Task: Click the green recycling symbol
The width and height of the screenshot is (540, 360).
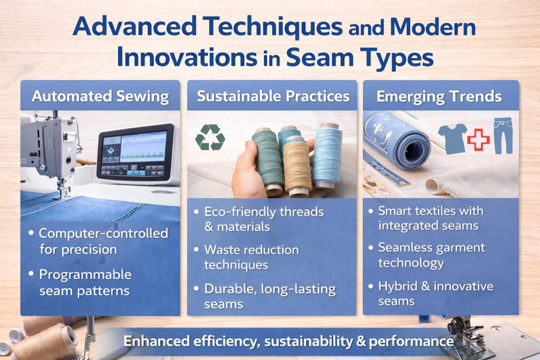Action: (x=210, y=138)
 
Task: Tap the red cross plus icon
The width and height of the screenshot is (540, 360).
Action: (x=478, y=139)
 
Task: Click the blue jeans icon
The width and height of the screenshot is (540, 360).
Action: (x=503, y=136)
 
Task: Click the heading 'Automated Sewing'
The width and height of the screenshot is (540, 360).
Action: (x=100, y=96)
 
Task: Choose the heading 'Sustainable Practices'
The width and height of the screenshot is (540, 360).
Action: (x=273, y=96)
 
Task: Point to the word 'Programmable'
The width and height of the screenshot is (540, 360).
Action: (x=85, y=275)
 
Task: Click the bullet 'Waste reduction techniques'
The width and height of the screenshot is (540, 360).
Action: (x=252, y=257)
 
